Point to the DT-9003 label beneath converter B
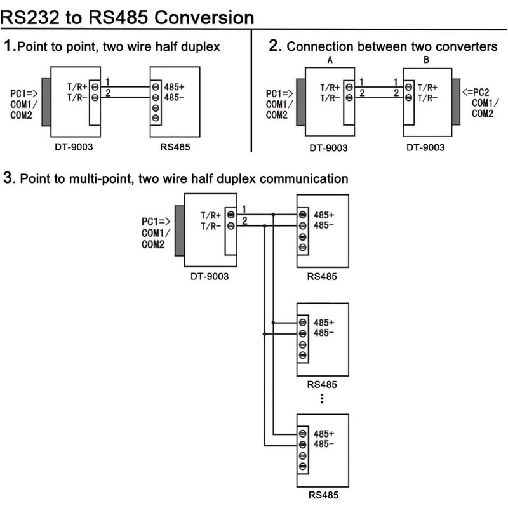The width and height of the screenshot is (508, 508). click(x=426, y=148)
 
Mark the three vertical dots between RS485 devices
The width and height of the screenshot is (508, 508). click(x=322, y=398)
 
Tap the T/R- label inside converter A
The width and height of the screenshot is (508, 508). click(x=330, y=98)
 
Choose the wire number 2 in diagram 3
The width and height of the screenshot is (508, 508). click(x=245, y=220)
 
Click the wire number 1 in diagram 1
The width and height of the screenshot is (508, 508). click(x=109, y=82)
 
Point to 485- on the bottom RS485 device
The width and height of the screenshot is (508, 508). click(x=324, y=444)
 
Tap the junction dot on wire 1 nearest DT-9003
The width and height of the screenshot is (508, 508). click(x=273, y=215)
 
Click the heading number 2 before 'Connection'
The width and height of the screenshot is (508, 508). click(x=274, y=46)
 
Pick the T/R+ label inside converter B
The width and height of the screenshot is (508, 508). click(x=427, y=88)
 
